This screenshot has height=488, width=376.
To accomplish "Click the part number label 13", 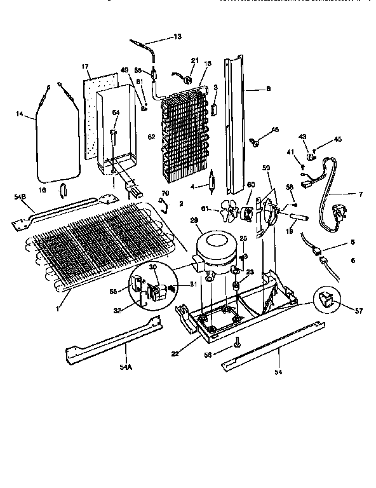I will pos(177,37).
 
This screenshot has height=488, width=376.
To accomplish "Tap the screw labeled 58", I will pos(236,344).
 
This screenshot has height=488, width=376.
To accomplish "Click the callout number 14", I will pos(20,114).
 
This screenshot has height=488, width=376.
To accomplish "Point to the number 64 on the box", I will pos(116,112).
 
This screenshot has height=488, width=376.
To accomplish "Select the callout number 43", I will pos(302,137).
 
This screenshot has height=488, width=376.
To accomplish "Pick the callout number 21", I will pos(194,60).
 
